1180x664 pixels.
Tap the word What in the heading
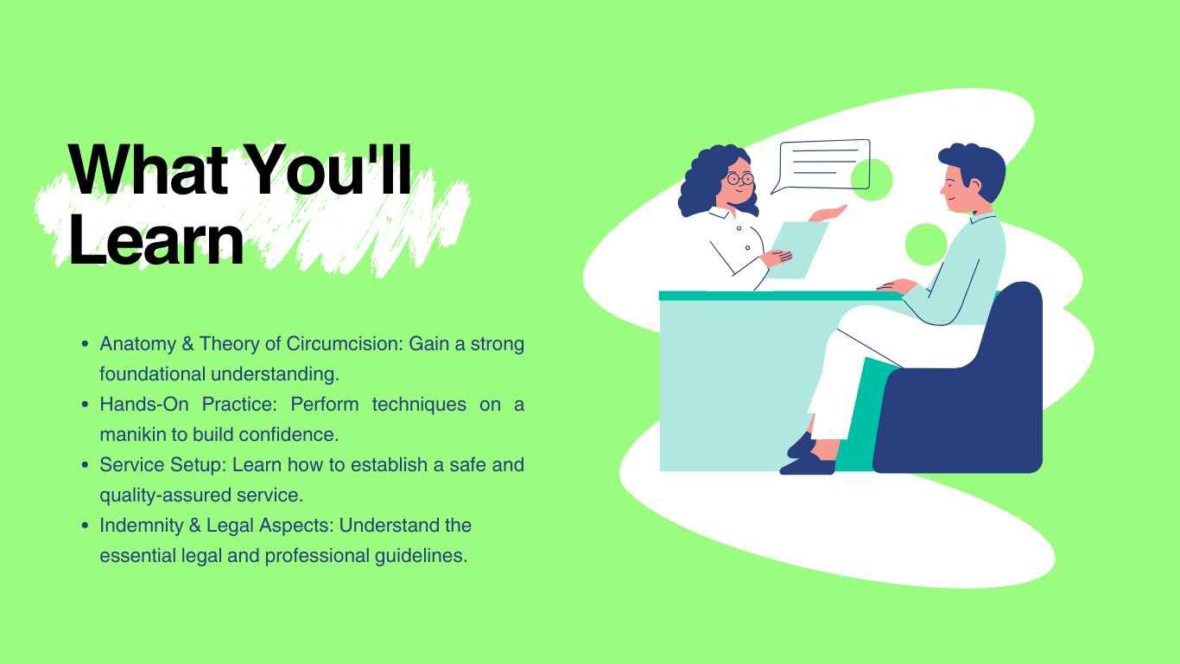pyautogui.click(x=148, y=169)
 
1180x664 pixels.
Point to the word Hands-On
pyautogui.click(x=143, y=405)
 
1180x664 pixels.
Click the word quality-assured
pyautogui.click(x=165, y=495)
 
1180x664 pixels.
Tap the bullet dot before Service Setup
pyautogui.click(x=86, y=464)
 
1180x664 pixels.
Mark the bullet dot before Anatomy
pyautogui.click(x=86, y=344)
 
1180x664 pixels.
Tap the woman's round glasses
pyautogui.click(x=740, y=179)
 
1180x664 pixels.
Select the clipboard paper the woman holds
pyautogui.click(x=796, y=250)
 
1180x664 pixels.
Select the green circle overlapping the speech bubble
pyautogui.click(x=872, y=180)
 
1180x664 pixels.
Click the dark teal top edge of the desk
pyautogui.click(x=781, y=296)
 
